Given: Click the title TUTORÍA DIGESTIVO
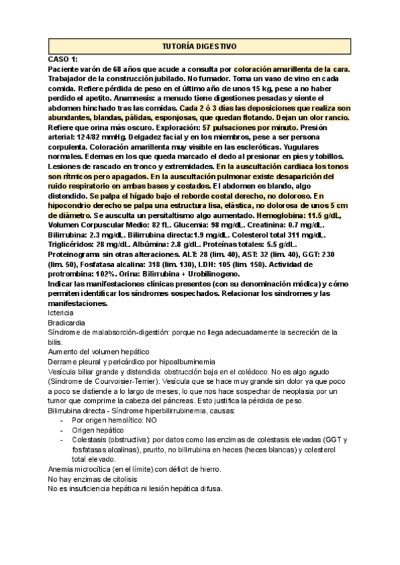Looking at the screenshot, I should tap(199, 46).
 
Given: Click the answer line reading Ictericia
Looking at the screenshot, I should tap(61, 312).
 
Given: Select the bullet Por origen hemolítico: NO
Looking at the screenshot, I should tap(115, 421).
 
